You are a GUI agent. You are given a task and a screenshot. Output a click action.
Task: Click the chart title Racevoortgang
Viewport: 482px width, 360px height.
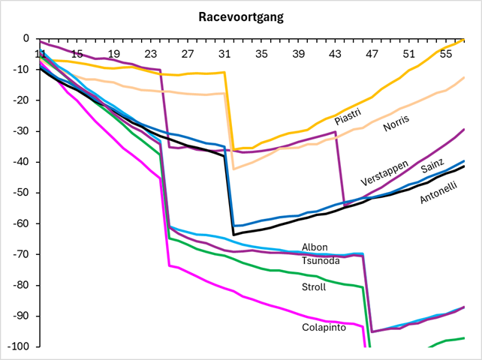click(241, 16)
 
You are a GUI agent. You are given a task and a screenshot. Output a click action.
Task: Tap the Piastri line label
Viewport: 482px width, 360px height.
click(348, 118)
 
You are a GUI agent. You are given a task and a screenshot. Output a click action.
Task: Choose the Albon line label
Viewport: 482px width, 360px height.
click(315, 247)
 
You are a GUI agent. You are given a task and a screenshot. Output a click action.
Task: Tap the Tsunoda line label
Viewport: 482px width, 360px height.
click(321, 260)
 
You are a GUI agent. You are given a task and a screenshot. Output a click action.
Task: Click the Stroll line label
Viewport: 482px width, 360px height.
click(315, 286)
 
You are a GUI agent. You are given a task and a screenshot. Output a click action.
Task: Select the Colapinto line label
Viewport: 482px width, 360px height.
click(324, 327)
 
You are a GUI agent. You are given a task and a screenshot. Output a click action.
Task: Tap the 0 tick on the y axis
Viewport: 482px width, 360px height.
click(26, 38)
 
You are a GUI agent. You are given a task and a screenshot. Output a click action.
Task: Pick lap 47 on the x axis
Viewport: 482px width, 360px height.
click(372, 54)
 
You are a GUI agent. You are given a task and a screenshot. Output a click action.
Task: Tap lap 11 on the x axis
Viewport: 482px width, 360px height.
click(40, 54)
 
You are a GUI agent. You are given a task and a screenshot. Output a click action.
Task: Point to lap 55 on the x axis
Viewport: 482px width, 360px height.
click(445, 54)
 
